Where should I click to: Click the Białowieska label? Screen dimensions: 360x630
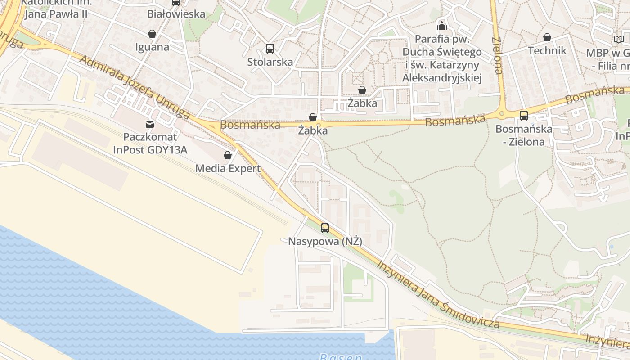point(176,14)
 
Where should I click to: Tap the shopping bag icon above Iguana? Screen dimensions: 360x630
point(152,34)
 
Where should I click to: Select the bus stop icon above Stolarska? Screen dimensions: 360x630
point(270,49)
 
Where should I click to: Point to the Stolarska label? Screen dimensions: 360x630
point(270,62)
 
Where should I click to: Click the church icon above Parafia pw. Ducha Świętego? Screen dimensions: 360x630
point(442,25)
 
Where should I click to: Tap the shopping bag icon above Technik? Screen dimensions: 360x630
point(547,37)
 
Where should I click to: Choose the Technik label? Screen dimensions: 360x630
point(547,50)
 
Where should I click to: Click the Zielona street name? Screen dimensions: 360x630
point(497,55)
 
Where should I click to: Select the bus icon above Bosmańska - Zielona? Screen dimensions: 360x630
point(524,116)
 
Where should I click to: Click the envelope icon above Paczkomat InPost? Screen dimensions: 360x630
point(150,124)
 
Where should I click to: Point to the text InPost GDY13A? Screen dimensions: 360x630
point(150,150)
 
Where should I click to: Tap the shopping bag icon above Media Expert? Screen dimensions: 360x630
point(228,156)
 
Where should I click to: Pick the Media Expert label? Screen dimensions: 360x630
point(228,169)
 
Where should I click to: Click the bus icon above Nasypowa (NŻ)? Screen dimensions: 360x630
point(325,228)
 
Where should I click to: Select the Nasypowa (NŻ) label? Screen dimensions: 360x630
point(325,242)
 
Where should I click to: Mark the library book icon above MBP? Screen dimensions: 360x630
point(619,40)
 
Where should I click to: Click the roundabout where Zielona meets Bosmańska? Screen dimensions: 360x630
point(502,113)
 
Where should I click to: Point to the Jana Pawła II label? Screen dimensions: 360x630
point(56,14)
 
